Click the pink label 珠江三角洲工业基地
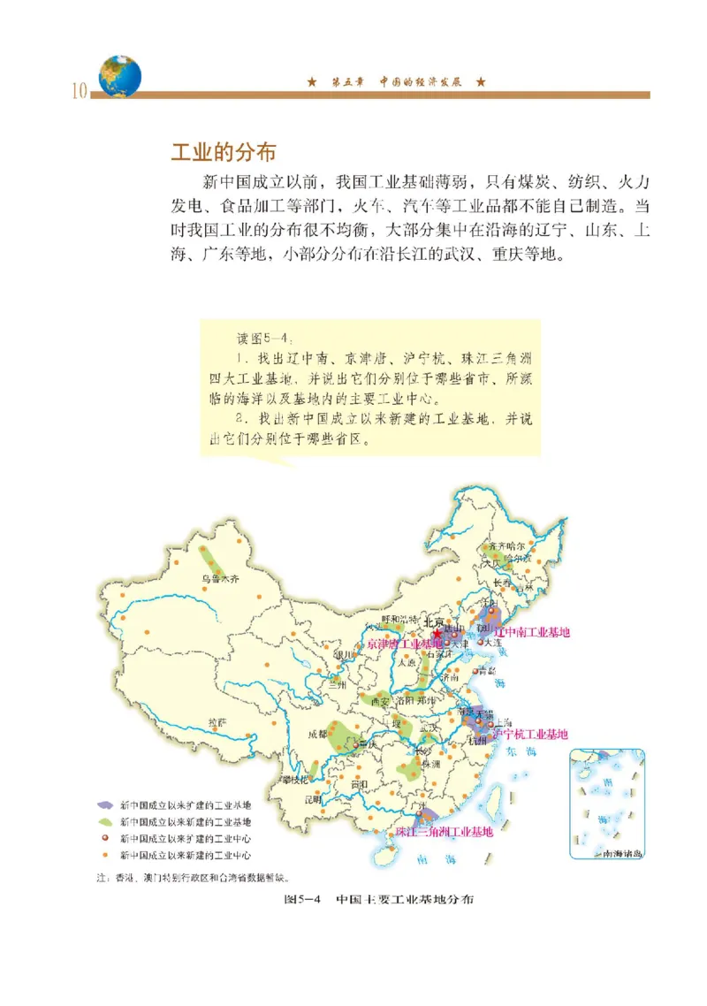pos(444,832)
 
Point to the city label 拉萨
pos(217,721)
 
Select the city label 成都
pos(317,733)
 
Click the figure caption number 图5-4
pos(301,899)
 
